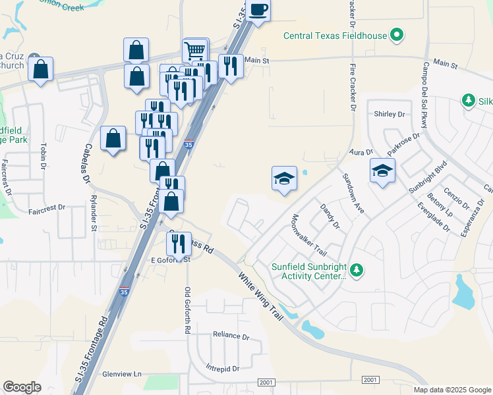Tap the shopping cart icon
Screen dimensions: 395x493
196,50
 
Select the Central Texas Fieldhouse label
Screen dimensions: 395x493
335,36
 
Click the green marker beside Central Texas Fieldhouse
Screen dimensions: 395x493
397,34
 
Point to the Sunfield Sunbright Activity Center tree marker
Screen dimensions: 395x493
356,270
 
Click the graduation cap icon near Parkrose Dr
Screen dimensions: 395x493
382,171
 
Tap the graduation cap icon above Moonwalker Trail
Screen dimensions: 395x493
284,178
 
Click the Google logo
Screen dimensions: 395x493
22,387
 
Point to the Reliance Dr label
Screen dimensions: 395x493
231,335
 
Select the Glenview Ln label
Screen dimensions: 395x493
122,374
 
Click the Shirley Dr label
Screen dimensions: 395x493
389,114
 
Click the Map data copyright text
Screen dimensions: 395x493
451,390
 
